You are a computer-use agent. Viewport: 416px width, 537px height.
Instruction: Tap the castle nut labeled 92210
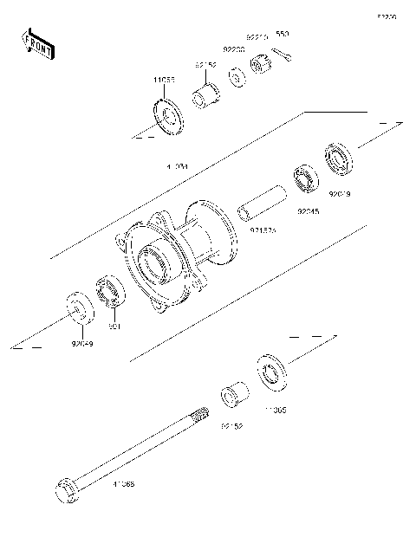[260, 66]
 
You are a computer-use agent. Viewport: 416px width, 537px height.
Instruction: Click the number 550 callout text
[282, 35]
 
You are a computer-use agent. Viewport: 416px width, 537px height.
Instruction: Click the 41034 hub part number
[179, 166]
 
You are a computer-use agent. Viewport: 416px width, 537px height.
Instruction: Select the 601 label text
[112, 327]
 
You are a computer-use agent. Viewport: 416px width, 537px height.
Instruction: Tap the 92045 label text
[309, 210]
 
